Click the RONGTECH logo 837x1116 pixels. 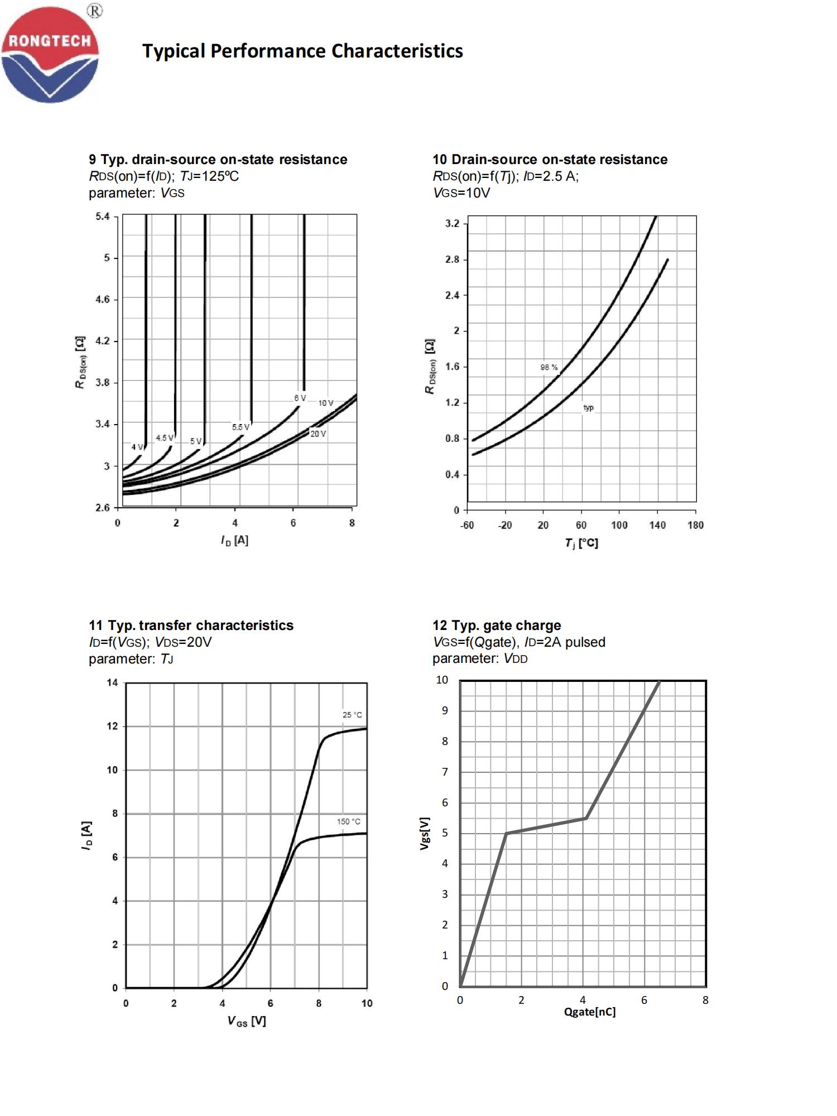click(x=50, y=54)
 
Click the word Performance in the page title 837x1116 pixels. click(x=268, y=51)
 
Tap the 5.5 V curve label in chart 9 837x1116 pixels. click(x=240, y=427)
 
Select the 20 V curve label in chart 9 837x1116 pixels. click(x=318, y=434)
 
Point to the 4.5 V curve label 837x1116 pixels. click(x=165, y=438)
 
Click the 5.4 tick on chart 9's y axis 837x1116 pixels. click(x=103, y=217)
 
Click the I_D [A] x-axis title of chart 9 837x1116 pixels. click(x=234, y=540)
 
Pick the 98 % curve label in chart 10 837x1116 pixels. click(x=549, y=367)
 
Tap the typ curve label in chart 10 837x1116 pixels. click(x=588, y=408)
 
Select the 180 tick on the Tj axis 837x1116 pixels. click(x=695, y=525)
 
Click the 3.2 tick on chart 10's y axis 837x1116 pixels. click(x=452, y=224)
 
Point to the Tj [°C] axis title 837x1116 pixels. click(x=581, y=543)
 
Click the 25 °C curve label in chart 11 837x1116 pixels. click(x=352, y=715)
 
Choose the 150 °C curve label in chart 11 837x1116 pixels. click(x=348, y=821)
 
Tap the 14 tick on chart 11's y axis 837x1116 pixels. click(x=112, y=682)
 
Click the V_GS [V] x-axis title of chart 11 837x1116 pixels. click(x=246, y=1021)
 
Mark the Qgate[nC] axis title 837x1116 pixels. click(x=590, y=1012)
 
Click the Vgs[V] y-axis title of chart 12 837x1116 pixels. click(x=425, y=834)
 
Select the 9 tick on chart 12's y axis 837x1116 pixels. click(x=445, y=710)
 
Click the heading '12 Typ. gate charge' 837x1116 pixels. click(x=497, y=626)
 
